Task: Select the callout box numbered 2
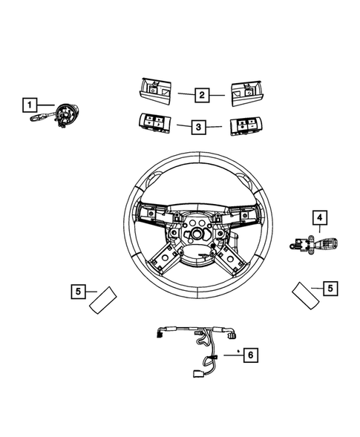pos(200,95)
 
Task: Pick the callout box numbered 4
pos(318,217)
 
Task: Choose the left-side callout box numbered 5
pos(78,292)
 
